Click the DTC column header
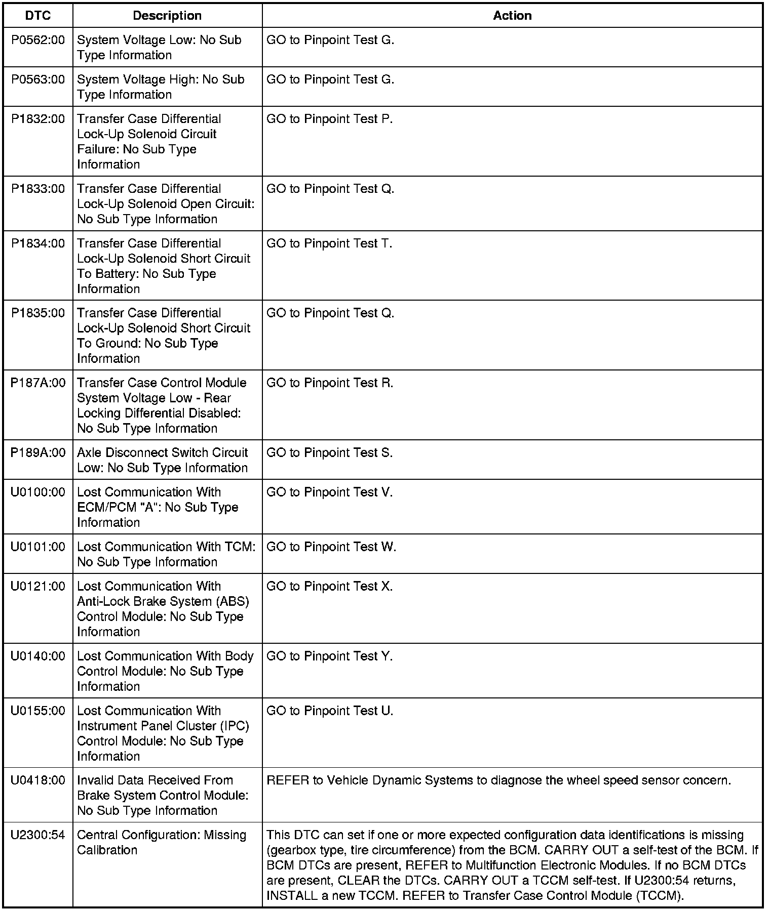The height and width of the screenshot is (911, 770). (x=38, y=16)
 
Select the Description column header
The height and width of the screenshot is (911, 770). (x=167, y=16)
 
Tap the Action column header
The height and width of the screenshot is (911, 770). (x=512, y=16)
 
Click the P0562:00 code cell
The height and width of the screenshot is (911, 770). (x=38, y=40)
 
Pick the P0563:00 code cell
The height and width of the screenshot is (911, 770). (x=38, y=79)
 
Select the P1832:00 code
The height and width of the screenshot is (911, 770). (x=38, y=119)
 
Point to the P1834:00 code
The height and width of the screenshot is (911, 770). (x=38, y=243)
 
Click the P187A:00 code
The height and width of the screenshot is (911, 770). (x=38, y=383)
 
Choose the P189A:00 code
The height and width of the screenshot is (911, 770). (x=38, y=453)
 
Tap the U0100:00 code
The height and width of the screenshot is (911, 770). (x=38, y=492)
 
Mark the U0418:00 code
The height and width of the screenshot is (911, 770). (x=38, y=781)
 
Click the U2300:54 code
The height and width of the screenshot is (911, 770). (x=38, y=836)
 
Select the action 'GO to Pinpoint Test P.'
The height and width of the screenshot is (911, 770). (x=329, y=119)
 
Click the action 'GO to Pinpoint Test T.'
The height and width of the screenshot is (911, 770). (x=329, y=243)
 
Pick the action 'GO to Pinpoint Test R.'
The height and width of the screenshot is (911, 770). (x=330, y=383)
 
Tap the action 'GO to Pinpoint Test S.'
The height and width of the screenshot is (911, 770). (x=329, y=453)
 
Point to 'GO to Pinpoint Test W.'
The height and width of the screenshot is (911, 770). (x=331, y=547)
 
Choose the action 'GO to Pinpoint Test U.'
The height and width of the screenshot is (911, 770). (x=330, y=711)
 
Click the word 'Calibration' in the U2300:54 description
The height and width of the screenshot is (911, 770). (x=107, y=850)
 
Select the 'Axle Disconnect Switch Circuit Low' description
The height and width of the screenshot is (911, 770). (x=162, y=460)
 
